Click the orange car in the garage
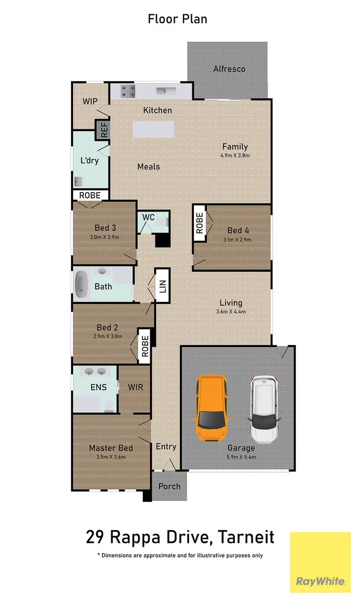pyautogui.click(x=212, y=408)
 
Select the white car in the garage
pyautogui.click(x=264, y=409)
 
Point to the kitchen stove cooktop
pyautogui.click(x=128, y=91)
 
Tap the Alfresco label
pyautogui.click(x=229, y=69)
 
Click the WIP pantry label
pyautogui.click(x=90, y=101)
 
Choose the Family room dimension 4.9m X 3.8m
pyautogui.click(x=235, y=156)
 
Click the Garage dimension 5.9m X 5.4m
pyautogui.click(x=241, y=457)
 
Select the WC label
pyautogui.click(x=148, y=217)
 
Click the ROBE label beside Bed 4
pyautogui.click(x=200, y=221)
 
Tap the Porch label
pyautogui.click(x=169, y=486)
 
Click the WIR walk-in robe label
pyautogui.click(x=135, y=387)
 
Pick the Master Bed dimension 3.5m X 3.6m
pyautogui.click(x=110, y=457)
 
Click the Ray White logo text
pyautogui.click(x=320, y=581)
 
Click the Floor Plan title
pyautogui.click(x=177, y=19)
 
